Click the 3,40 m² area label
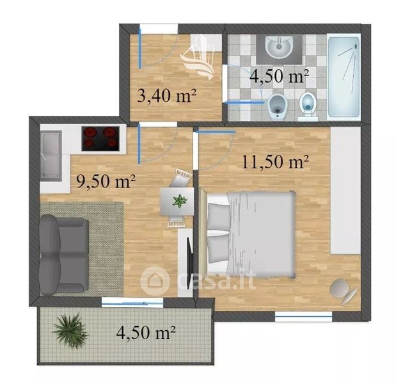167,96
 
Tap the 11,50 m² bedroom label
276,161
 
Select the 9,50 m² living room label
106,181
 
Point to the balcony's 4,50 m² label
146,332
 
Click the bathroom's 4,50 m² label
280,76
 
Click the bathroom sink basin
279,47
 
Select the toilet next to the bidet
278,106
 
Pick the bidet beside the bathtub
308,106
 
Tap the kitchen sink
51,156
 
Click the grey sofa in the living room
64,255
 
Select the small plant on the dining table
180,201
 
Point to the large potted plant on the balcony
70,330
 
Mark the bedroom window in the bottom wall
303,316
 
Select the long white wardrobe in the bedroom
345,190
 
